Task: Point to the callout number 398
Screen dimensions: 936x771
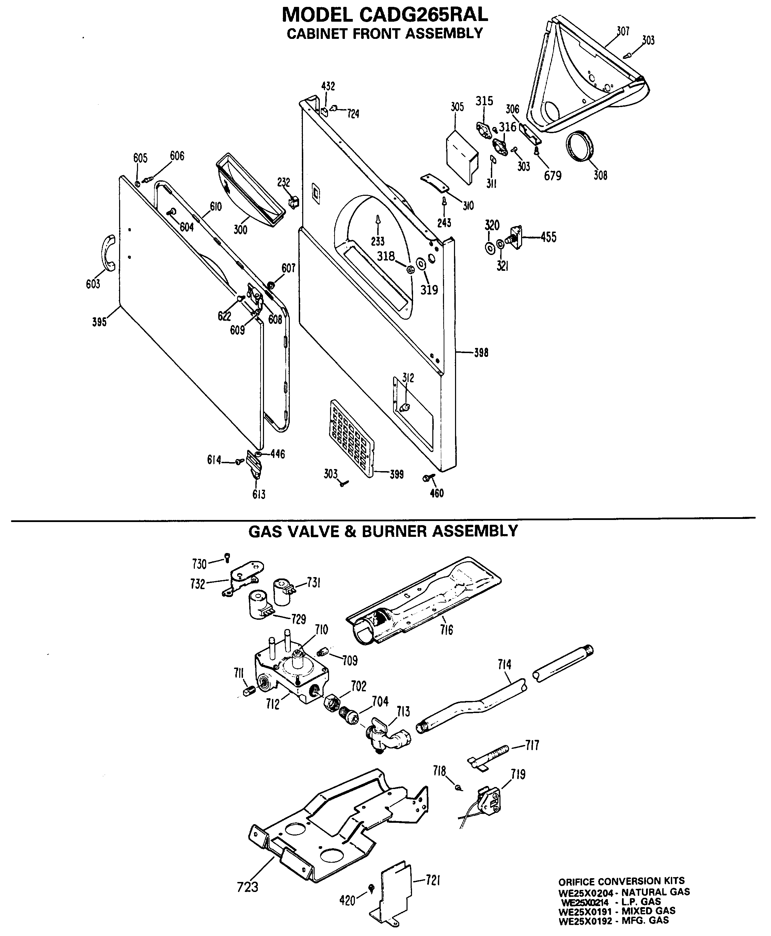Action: click(x=480, y=353)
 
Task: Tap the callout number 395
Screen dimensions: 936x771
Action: click(x=99, y=321)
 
